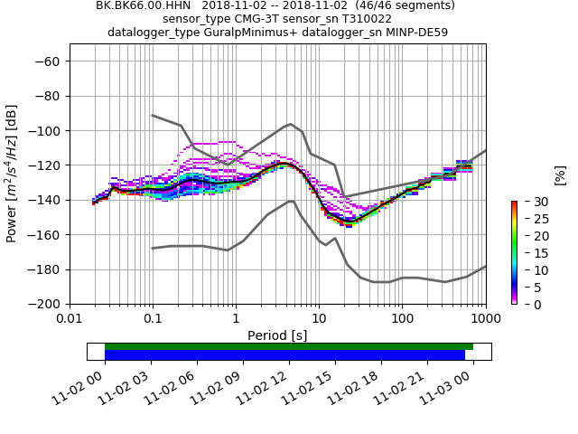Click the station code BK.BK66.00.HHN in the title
tap(141, 5)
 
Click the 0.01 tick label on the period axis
tap(70, 319)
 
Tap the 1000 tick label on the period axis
tap(485, 319)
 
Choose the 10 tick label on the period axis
tap(319, 319)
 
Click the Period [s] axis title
tap(277, 335)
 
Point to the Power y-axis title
tap(12, 183)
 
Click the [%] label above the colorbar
tap(560, 175)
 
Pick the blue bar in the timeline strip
tap(284, 354)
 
